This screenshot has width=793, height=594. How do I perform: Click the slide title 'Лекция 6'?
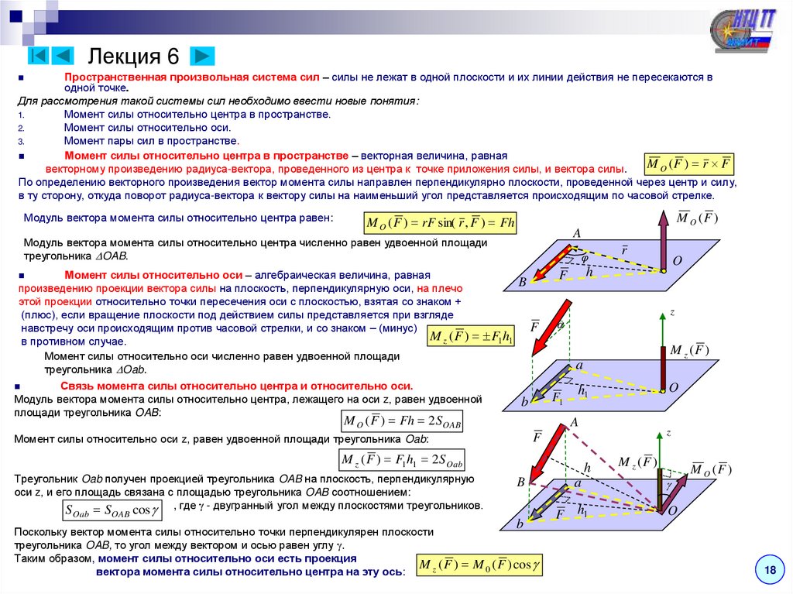[133, 57]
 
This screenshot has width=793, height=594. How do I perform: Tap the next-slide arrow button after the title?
[202, 56]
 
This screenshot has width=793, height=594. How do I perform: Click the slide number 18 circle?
[770, 571]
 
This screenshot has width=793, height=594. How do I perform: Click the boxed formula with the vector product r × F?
[688, 165]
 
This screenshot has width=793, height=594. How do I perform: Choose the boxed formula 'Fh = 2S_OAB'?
[403, 421]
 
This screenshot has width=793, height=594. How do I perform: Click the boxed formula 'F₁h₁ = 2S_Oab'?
[403, 461]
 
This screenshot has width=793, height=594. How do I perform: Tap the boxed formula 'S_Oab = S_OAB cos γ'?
[112, 510]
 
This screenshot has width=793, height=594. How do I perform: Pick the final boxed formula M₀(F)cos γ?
[479, 565]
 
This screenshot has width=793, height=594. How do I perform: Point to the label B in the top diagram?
[522, 283]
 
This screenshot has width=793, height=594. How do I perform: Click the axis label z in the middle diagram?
[672, 312]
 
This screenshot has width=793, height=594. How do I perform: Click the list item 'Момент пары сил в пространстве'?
[151, 142]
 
